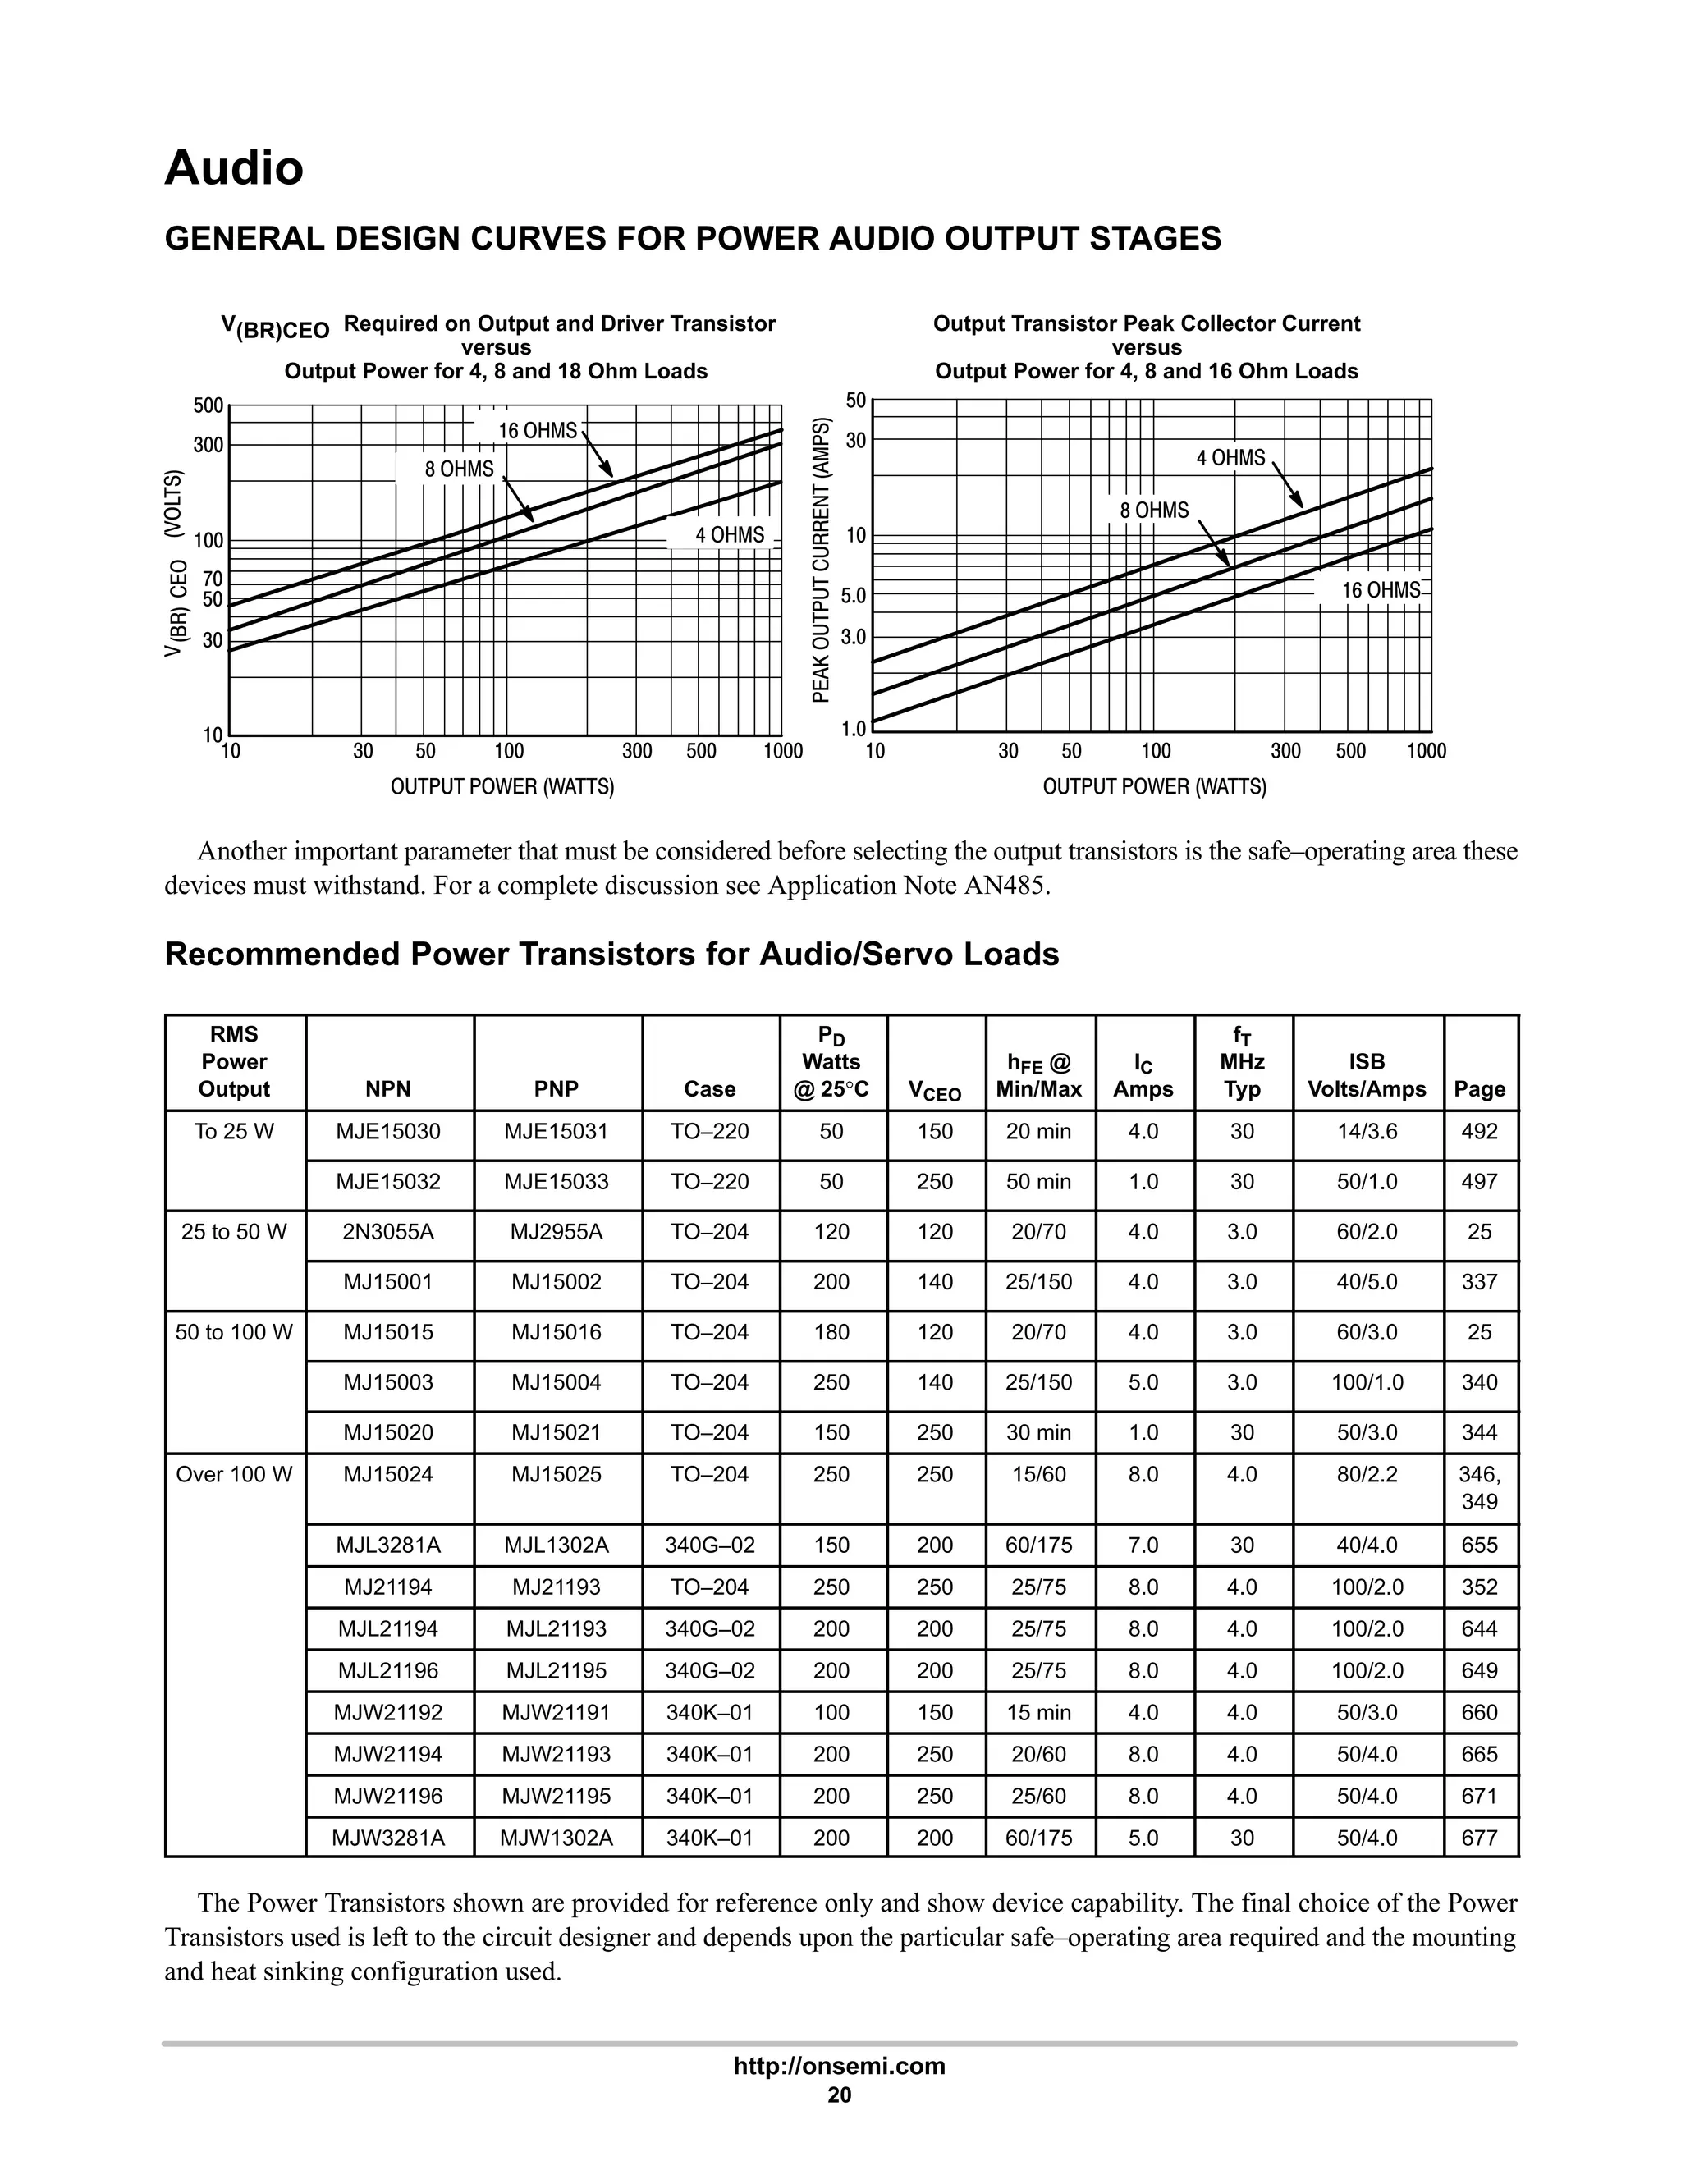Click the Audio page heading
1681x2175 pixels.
coord(234,167)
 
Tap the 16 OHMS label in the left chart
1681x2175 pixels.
coord(538,430)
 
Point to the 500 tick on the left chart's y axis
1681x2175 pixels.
coord(208,405)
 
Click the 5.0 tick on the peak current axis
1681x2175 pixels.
coord(854,597)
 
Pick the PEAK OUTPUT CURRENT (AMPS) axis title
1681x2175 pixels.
coord(821,560)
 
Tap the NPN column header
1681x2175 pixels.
coord(388,1088)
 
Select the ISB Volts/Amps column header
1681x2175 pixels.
coord(1367,1075)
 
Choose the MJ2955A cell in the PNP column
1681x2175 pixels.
coord(557,1232)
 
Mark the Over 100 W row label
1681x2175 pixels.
coord(234,1474)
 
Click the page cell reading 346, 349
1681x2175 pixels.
coord(1480,1487)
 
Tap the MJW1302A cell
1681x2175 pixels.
coord(557,1838)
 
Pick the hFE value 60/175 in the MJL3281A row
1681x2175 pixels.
coord(1038,1545)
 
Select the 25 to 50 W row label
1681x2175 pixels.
coord(234,1232)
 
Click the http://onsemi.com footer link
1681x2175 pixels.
coord(840,2066)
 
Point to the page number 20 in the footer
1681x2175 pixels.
coord(840,2095)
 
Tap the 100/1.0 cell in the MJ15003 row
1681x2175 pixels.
coord(1367,1382)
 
